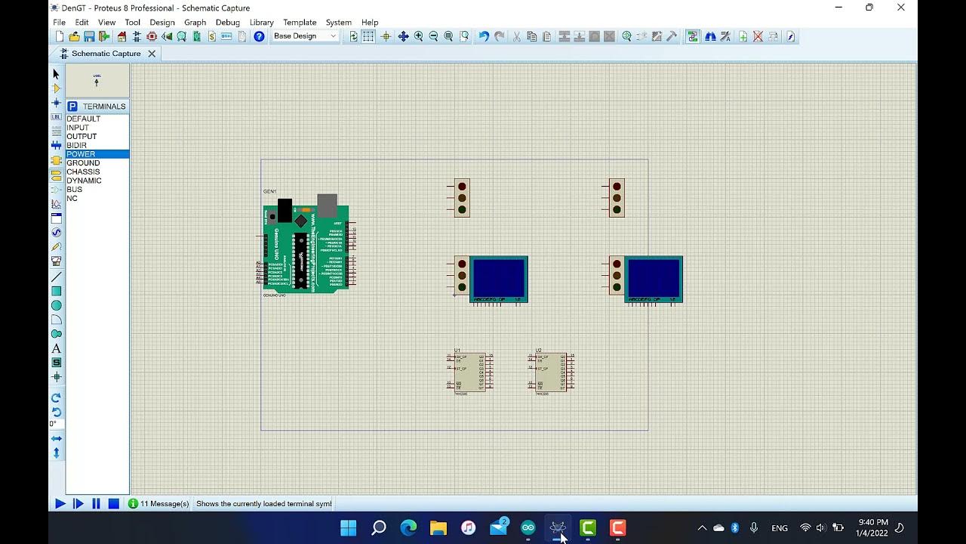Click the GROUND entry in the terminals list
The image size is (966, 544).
(x=83, y=163)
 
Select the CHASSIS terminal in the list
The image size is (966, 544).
(x=83, y=172)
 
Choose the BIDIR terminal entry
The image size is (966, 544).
(x=76, y=145)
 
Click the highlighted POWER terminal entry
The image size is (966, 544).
(x=81, y=154)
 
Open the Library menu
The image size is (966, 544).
(x=261, y=23)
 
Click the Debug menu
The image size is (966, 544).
(x=227, y=23)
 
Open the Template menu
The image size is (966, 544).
(x=300, y=23)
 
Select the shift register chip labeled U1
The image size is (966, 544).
(x=470, y=372)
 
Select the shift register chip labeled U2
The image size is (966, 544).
(x=552, y=372)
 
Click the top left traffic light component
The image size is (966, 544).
(x=462, y=198)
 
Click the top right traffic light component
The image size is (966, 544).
(x=617, y=198)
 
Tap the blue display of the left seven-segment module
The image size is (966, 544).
(x=499, y=277)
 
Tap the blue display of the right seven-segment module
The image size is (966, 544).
(x=654, y=277)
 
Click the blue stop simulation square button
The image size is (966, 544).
(x=114, y=504)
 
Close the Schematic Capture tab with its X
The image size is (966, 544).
(x=152, y=54)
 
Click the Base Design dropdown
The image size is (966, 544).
(x=305, y=36)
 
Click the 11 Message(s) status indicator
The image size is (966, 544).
(x=158, y=504)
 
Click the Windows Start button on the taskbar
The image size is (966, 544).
(x=349, y=527)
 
